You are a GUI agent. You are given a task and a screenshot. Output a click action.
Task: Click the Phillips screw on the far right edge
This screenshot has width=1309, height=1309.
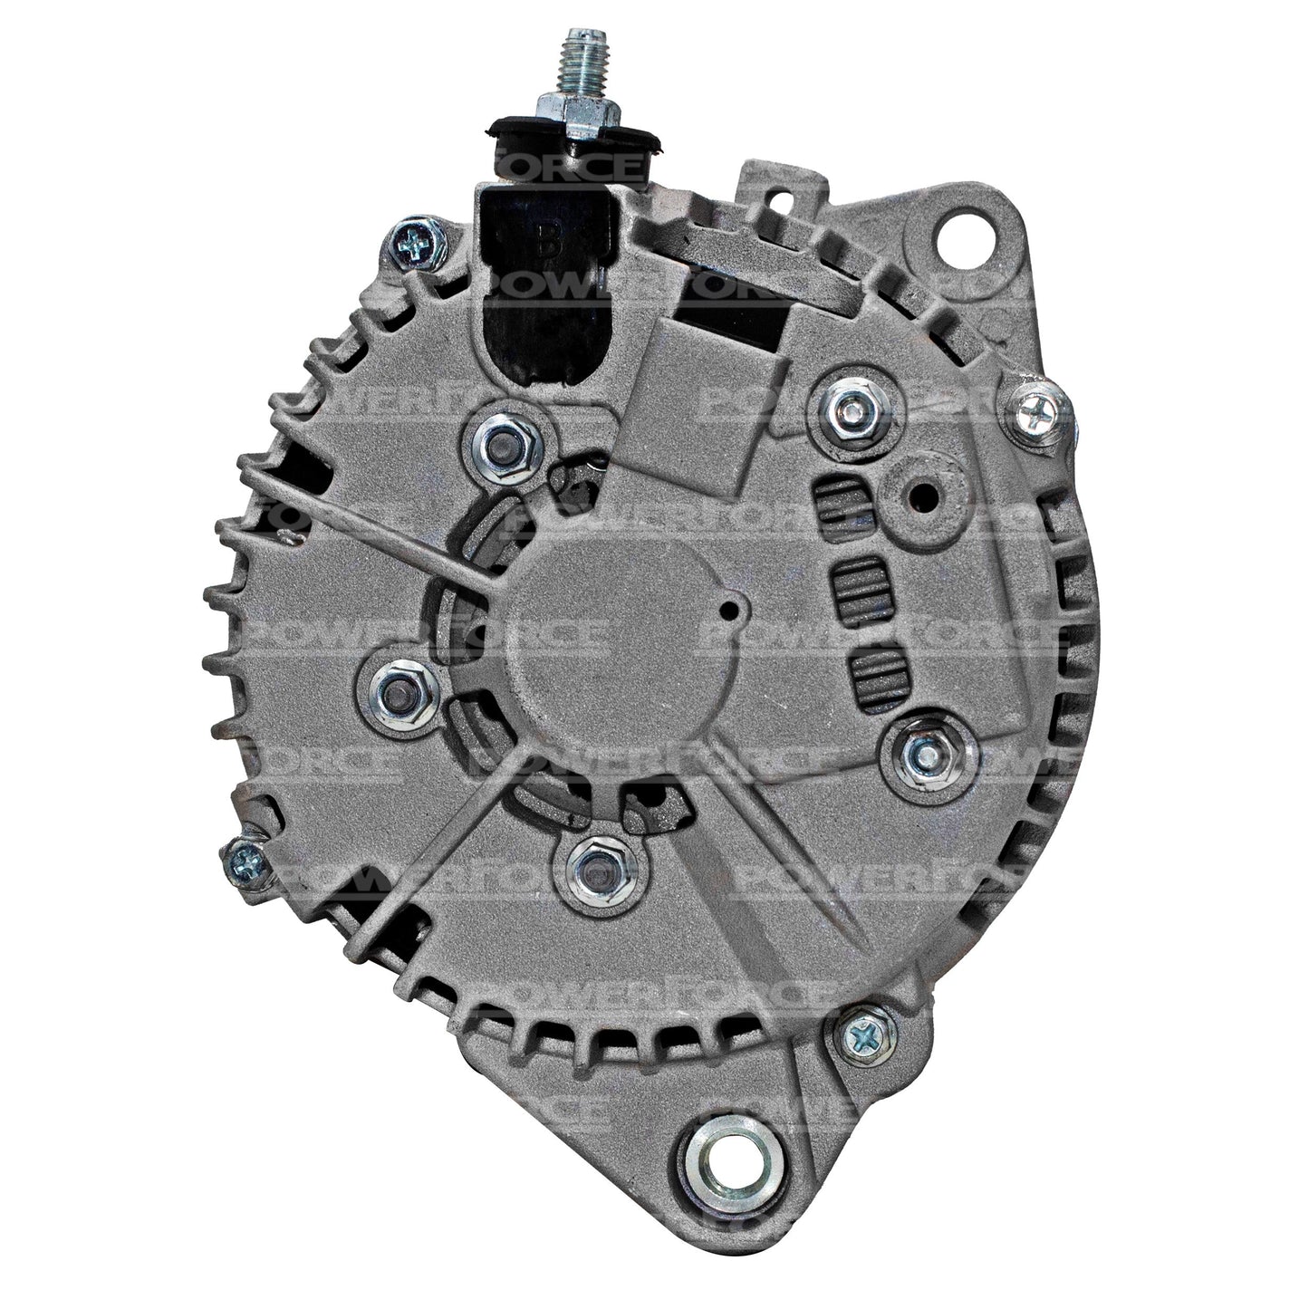pyautogui.click(x=1036, y=416)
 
